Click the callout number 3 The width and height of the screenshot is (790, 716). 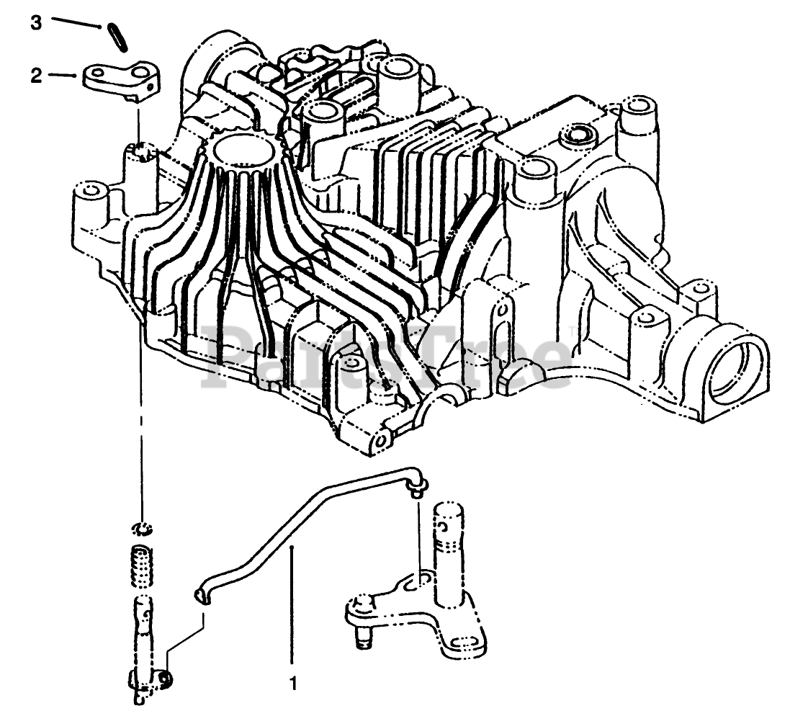pos(36,22)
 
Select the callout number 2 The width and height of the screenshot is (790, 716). pos(36,76)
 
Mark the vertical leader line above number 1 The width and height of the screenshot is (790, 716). pos(291,605)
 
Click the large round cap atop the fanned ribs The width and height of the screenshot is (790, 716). pos(242,151)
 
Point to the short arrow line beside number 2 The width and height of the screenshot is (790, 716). pos(65,76)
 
